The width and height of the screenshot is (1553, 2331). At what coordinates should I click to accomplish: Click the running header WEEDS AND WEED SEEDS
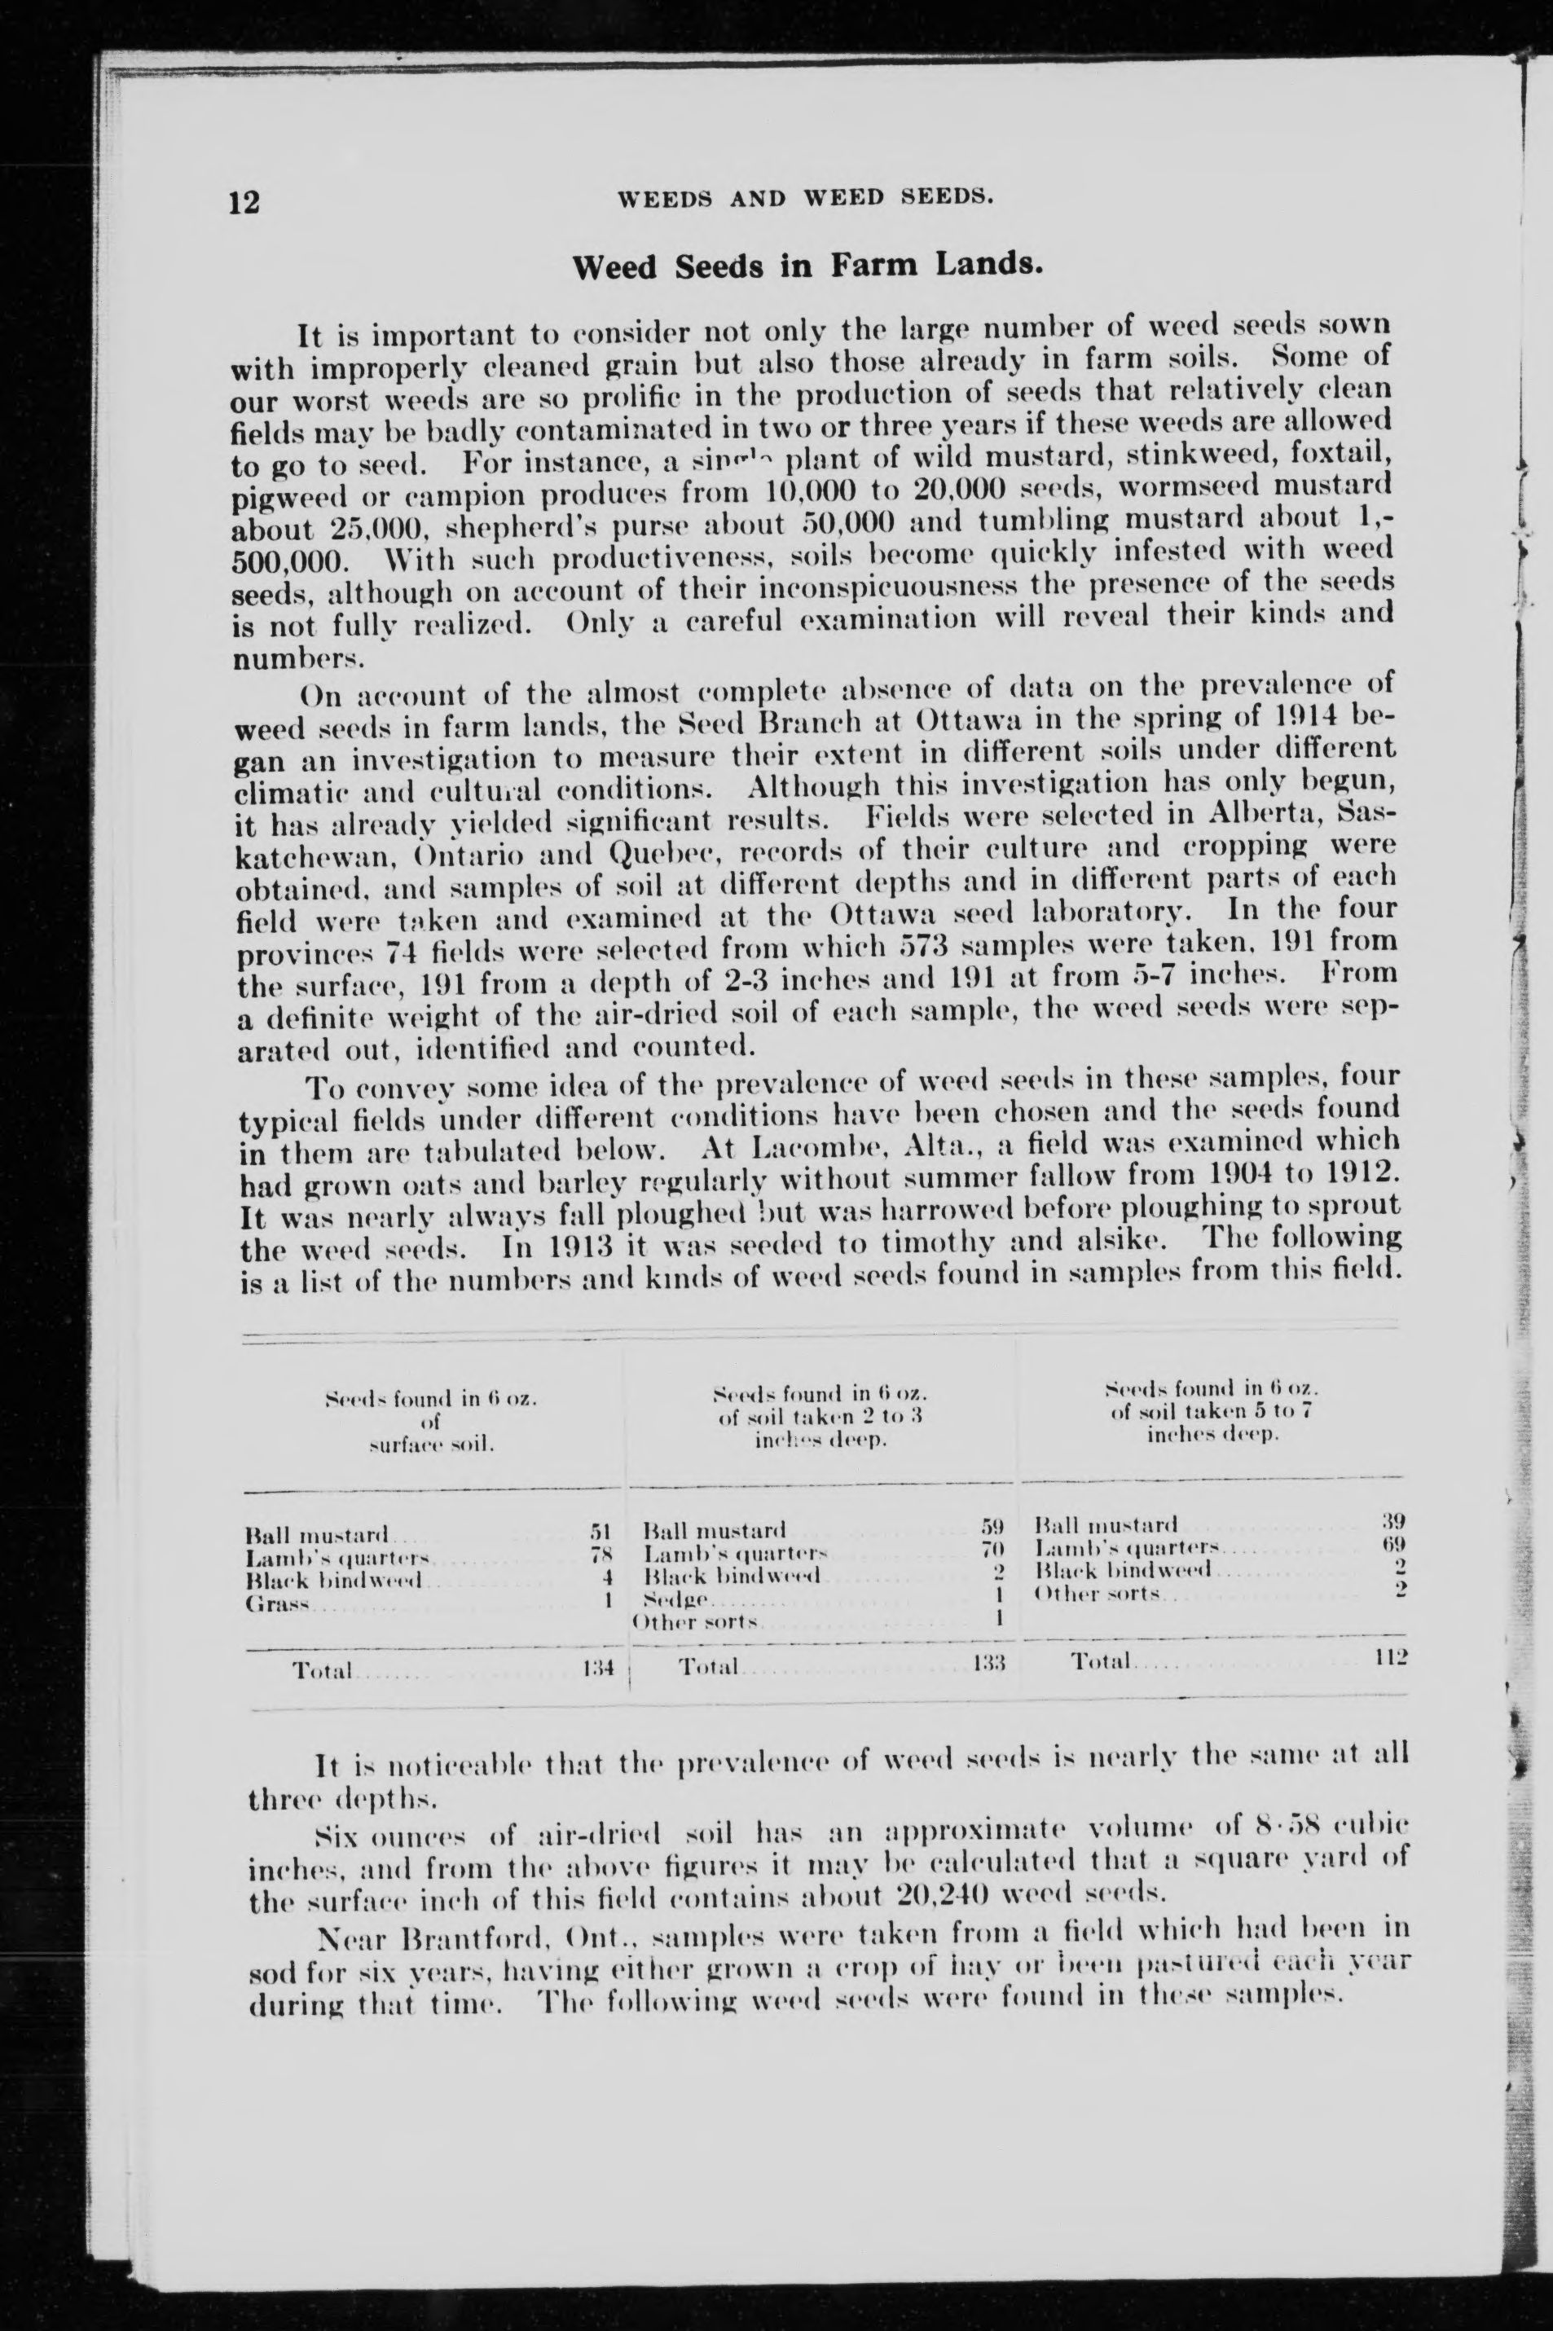pos(805,197)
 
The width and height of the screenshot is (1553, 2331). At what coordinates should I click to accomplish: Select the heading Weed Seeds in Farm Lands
pos(807,266)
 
